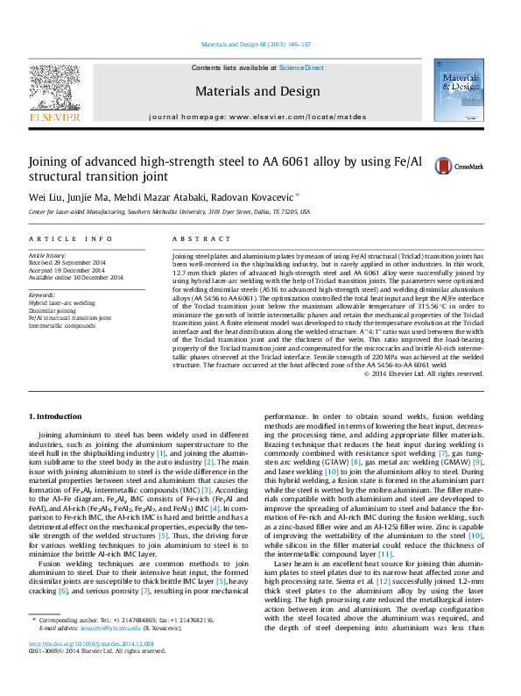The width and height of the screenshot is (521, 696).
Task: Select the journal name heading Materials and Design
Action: click(257, 91)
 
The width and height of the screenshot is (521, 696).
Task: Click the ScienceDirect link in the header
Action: click(301, 67)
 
